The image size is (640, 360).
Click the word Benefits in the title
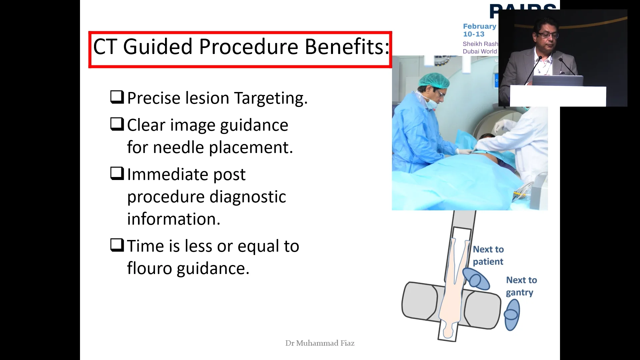point(347,47)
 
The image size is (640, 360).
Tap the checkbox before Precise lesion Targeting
point(117,97)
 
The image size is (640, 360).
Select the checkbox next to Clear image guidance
point(117,124)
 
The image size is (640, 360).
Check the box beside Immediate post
point(117,174)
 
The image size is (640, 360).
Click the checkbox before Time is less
point(117,245)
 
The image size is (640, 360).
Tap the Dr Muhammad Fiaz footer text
point(320,343)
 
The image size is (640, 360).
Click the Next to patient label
point(488,255)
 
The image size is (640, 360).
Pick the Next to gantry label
point(521,286)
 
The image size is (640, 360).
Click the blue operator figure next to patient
point(476,279)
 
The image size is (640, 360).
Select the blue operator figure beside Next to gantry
point(512,315)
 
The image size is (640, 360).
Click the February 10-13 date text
point(479,30)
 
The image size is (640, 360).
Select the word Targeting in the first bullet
point(270,98)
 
